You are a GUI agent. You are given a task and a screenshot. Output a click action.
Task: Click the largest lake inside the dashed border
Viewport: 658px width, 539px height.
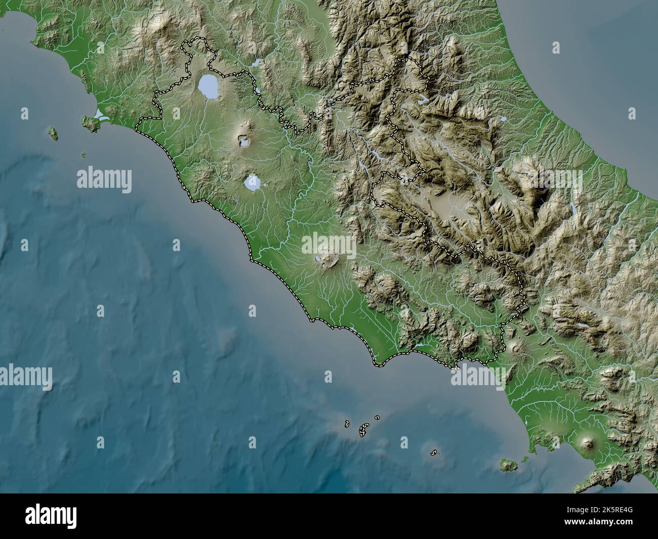coord(208,87)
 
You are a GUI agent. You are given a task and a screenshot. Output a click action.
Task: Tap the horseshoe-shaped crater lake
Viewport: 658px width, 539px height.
coord(244,142)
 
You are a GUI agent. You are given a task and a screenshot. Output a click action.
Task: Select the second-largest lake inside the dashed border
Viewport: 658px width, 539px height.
coord(253,183)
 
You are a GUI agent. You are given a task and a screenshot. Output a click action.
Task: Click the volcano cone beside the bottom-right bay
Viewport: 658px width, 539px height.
coord(588,443)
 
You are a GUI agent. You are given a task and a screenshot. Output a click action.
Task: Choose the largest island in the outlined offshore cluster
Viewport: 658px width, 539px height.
coord(363,430)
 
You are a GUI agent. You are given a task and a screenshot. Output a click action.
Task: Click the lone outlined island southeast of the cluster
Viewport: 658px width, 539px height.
coord(434,452)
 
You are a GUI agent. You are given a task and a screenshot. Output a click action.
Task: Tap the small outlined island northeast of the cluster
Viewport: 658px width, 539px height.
coord(377,418)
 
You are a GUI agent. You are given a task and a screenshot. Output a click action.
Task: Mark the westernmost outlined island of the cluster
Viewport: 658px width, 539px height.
coord(348,423)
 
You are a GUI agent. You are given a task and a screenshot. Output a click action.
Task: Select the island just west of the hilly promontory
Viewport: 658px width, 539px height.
coord(52,133)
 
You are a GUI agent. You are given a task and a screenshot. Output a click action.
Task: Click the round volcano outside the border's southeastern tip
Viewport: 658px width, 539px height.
coord(516,348)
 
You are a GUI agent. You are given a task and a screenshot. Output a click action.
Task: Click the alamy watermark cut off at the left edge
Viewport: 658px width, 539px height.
coord(25,377)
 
